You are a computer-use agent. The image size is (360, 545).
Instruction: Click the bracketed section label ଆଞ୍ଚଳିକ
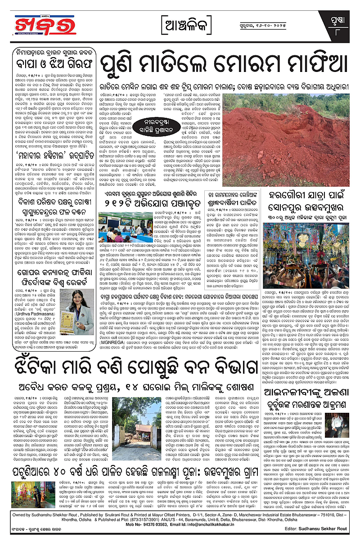(185, 22)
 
